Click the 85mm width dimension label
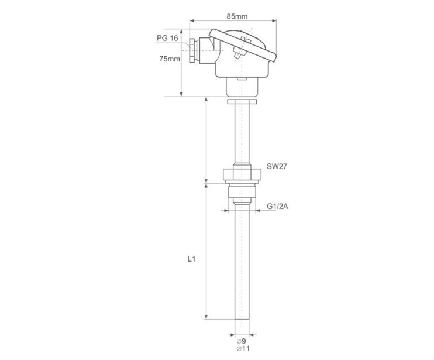237,16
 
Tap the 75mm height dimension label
170,59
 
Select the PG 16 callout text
167,38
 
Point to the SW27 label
277,166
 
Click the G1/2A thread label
277,206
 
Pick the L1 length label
191,259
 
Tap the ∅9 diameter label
241,341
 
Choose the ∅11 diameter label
243,349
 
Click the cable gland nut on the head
191,52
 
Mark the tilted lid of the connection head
243,45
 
